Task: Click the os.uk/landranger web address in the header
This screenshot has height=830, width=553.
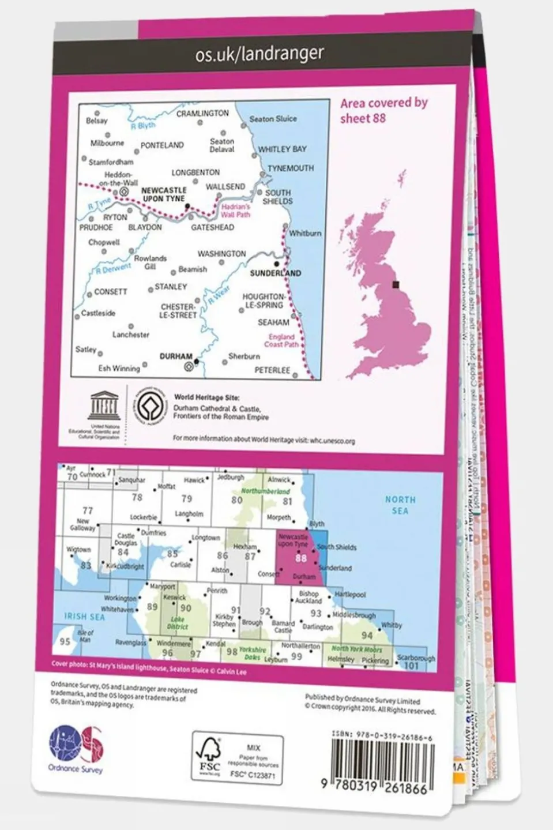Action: (259, 54)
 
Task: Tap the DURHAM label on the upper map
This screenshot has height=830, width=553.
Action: (175, 356)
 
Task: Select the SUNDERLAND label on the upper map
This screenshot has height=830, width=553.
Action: (275, 273)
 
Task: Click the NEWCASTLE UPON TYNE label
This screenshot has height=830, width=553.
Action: (164, 194)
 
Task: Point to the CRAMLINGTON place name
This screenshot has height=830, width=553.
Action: (202, 114)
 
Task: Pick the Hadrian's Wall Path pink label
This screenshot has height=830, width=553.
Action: (235, 211)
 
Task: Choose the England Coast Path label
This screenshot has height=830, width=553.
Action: (281, 340)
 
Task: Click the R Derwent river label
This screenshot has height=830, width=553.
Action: (113, 269)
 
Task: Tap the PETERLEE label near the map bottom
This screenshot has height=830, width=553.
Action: (272, 370)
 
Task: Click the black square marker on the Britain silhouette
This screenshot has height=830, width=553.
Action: (396, 284)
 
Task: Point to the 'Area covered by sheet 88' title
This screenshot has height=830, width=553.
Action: (383, 110)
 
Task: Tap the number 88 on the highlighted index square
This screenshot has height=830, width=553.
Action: (300, 558)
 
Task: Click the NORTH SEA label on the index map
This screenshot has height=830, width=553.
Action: (400, 505)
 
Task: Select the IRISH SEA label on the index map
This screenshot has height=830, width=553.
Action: (84, 617)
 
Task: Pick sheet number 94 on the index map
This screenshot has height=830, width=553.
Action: (367, 635)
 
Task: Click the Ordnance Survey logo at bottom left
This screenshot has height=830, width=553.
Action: (76, 748)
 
